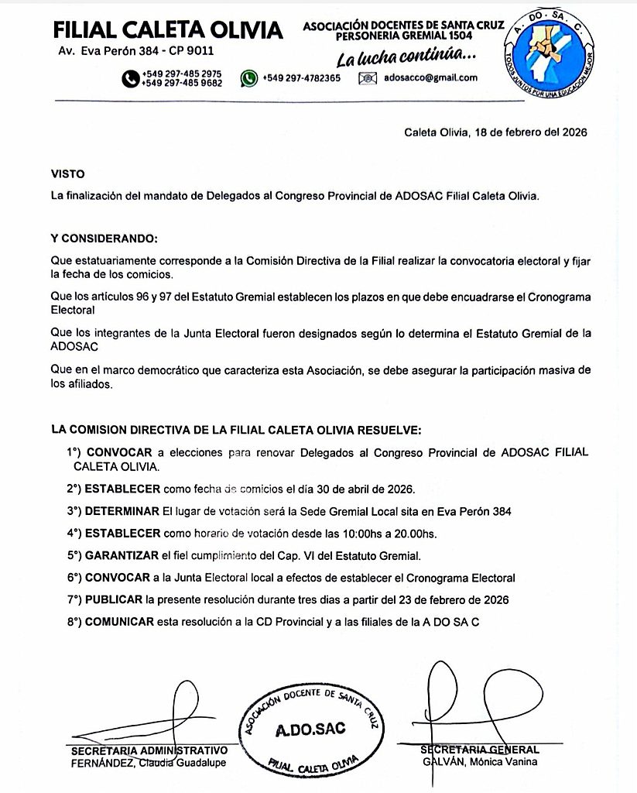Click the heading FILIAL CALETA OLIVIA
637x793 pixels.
pos(167,30)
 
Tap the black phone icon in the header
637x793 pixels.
pos(129,77)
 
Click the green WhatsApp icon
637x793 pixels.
pos(248,77)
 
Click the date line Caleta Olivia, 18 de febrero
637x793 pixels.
pos(495,132)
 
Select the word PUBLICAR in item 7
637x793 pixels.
pos(115,600)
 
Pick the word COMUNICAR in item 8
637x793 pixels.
pos(119,622)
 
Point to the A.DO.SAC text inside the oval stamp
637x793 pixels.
pos(310,729)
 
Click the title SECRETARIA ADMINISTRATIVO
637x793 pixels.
pos(149,750)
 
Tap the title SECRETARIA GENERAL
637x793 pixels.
pos(480,750)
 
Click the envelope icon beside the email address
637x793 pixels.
pos(368,77)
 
